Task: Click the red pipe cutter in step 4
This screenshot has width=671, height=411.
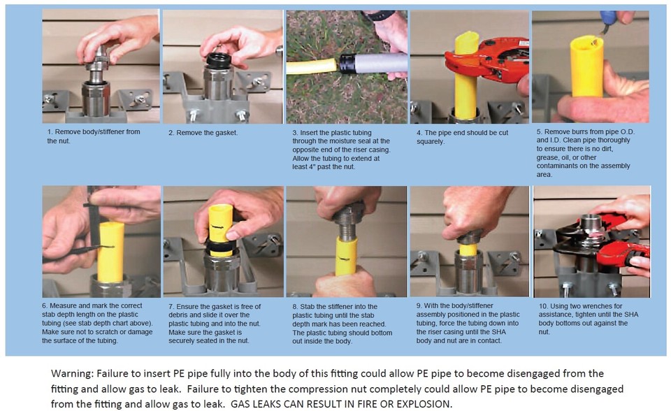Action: coord(488,60)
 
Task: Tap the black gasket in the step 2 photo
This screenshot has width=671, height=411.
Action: coord(219,60)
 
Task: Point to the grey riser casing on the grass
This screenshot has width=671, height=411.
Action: coord(373,64)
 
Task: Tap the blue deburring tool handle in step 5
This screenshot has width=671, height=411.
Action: coord(608,17)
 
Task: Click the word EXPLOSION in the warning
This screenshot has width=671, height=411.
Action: coord(424,404)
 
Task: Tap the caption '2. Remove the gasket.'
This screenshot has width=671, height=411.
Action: coord(203,133)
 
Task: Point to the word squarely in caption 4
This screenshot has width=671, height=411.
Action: coord(431,142)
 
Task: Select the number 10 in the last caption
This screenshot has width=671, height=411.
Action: coord(542,306)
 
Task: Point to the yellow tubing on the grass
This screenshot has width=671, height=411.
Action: coord(312,66)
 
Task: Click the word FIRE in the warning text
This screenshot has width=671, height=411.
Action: coord(373,404)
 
